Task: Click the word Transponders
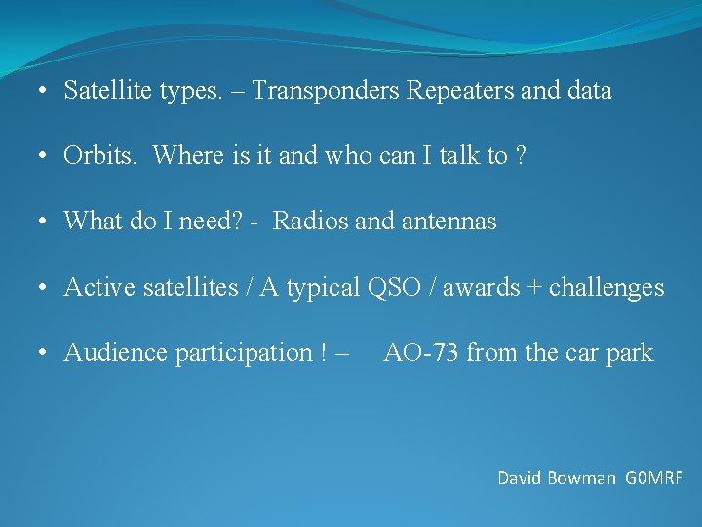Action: [x=329, y=92]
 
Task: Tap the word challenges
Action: [x=606, y=288]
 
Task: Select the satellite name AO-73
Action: [x=421, y=352]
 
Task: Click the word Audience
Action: [x=116, y=352]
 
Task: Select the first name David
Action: [x=523, y=478]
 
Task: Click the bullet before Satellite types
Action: [x=45, y=92]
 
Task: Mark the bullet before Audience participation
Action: [x=45, y=352]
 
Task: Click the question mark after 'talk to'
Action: [x=521, y=156]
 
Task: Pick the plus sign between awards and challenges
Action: [x=535, y=288]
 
